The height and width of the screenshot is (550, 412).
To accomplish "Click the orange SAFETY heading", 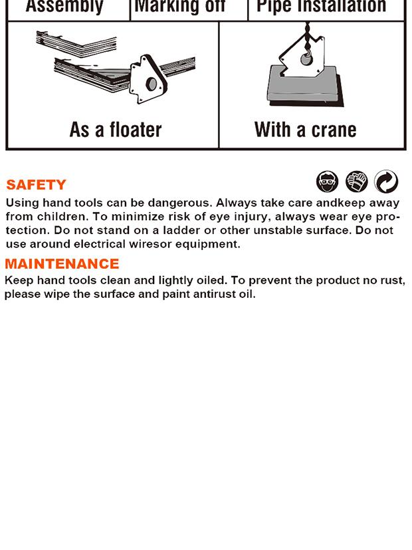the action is [x=36, y=184].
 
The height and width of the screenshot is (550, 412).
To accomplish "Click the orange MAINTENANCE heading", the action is [x=62, y=264].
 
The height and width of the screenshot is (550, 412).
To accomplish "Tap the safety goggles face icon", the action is [x=327, y=182].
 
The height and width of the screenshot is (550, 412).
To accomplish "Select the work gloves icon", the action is [x=357, y=182].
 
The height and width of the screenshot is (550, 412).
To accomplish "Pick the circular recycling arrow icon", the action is [x=386, y=182].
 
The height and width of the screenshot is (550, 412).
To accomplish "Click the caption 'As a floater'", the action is [x=116, y=130].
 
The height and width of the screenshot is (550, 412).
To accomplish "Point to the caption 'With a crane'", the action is [x=306, y=130].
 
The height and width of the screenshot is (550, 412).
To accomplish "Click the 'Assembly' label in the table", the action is [x=64, y=6].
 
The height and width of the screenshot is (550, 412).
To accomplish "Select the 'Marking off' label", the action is [x=180, y=6].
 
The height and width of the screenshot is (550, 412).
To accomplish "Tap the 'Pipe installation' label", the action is [x=321, y=6].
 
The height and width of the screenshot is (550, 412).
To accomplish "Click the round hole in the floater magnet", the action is [x=152, y=84].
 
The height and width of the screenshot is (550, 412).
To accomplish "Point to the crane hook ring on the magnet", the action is [x=306, y=59].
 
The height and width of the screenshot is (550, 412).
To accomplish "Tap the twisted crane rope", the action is [x=307, y=36].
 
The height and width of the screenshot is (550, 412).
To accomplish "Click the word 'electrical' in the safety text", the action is [x=100, y=244].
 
